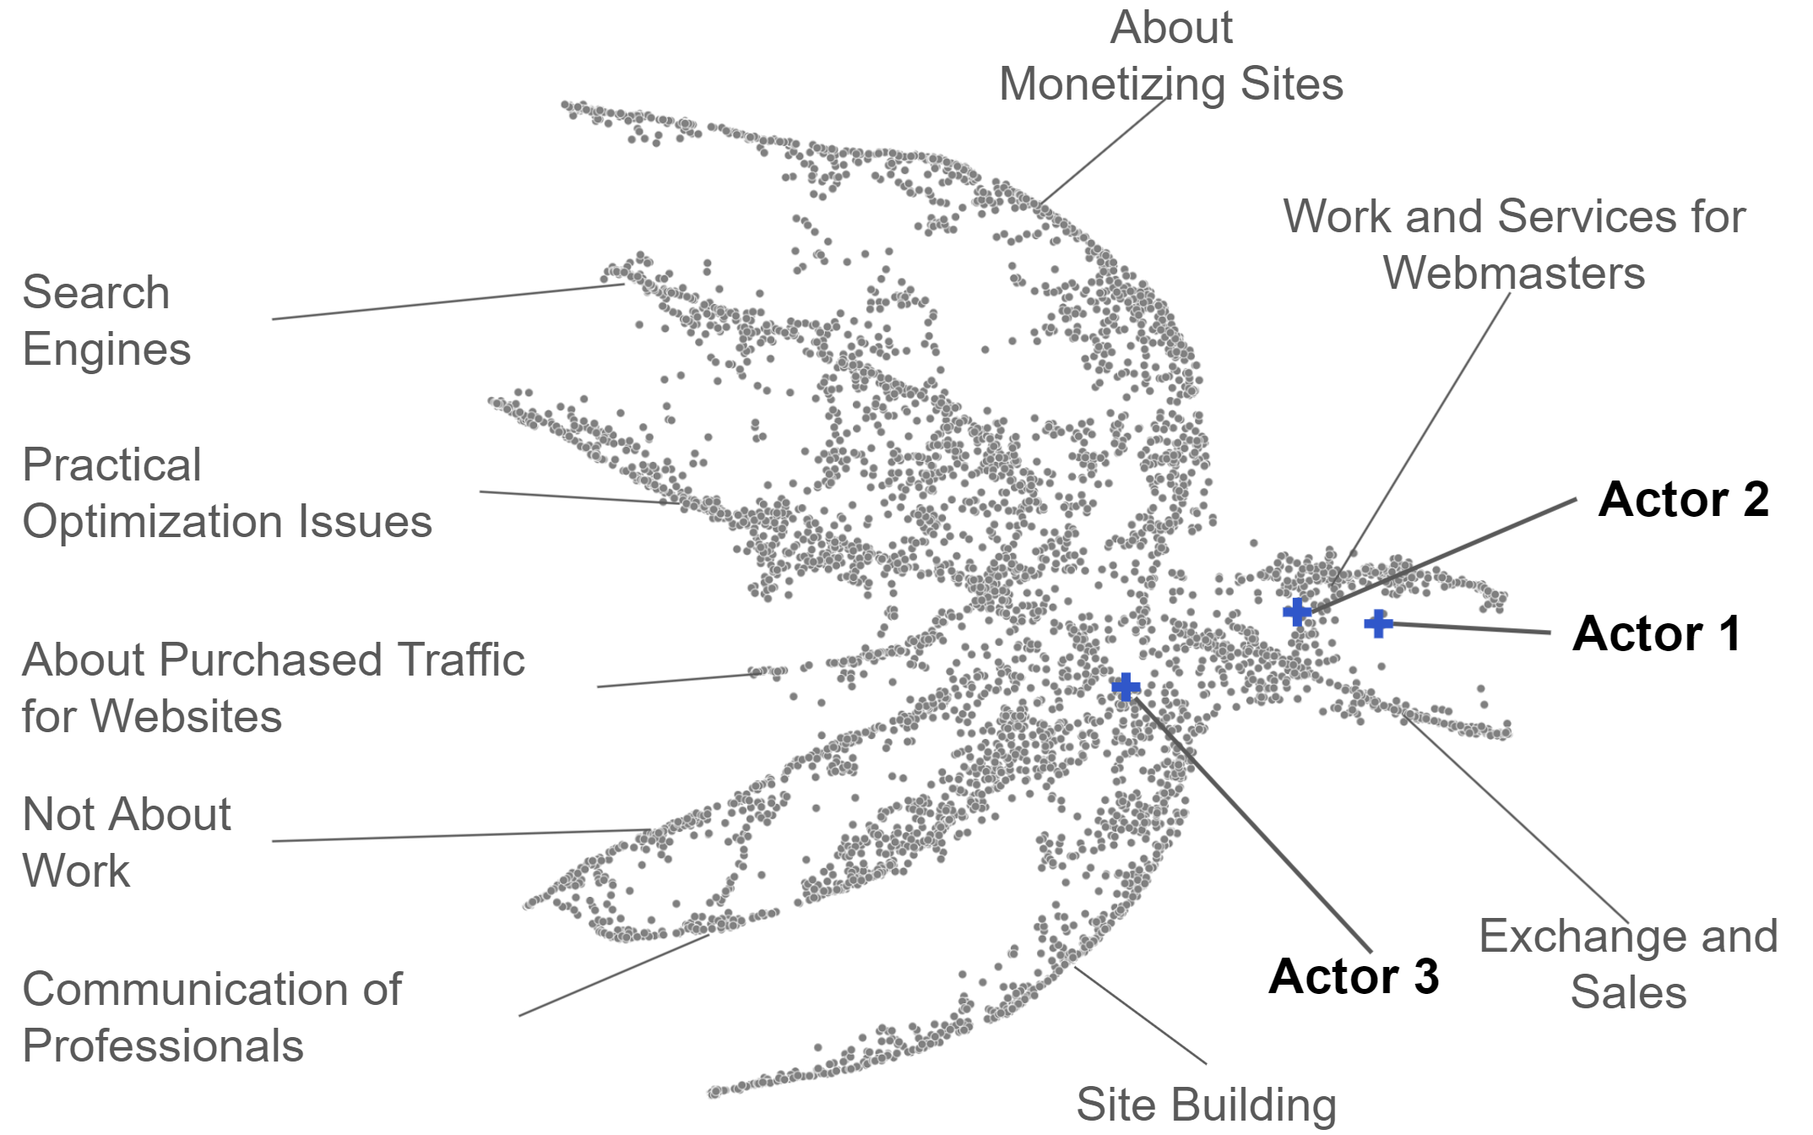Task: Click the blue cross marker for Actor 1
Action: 1378,624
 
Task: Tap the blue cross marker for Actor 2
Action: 1297,611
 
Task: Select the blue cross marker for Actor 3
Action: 1126,687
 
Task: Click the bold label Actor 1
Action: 1656,633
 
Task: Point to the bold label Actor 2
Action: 1683,499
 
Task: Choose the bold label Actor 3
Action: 1353,976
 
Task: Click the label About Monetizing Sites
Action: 1170,57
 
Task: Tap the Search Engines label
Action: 106,321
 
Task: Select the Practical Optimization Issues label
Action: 226,493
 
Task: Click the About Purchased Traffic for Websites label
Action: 273,687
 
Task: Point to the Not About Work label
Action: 127,842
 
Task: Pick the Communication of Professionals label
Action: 212,1017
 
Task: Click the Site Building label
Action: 1206,1105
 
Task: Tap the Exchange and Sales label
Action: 1628,964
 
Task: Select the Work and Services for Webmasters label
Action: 1514,245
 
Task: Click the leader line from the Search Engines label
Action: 448,301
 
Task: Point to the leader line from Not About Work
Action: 460,835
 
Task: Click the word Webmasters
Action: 1514,274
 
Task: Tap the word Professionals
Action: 163,1046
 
